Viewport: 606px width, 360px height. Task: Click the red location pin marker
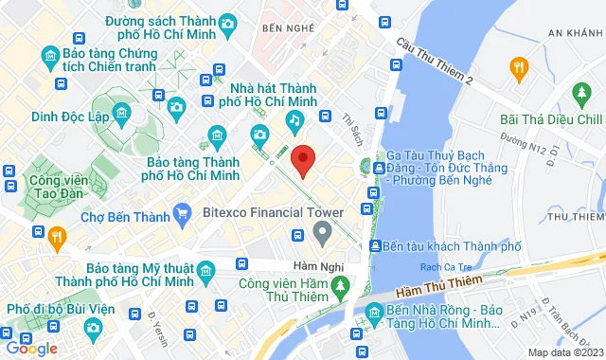[302, 160]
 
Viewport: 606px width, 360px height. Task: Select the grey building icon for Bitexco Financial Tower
[322, 231]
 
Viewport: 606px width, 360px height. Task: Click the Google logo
[31, 349]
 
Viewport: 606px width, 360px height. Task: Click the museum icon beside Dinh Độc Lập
[121, 115]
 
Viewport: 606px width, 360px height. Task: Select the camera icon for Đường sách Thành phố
[228, 24]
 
